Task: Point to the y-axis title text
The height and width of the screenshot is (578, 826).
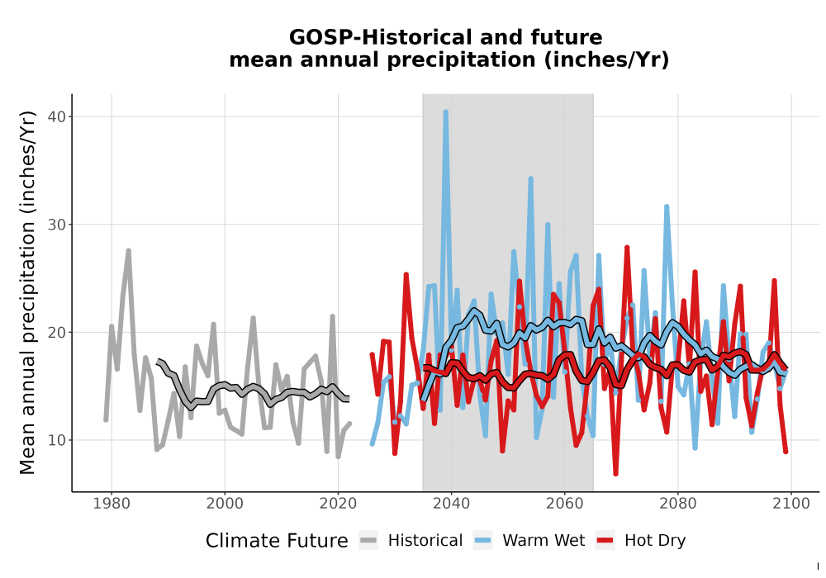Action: [x=27, y=292]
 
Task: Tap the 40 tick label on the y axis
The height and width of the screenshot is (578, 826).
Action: [x=58, y=116]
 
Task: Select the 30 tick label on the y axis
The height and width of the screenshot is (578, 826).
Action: [x=58, y=225]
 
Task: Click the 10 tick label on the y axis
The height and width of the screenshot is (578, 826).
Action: [x=58, y=440]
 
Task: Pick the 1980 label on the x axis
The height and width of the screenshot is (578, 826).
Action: [x=112, y=504]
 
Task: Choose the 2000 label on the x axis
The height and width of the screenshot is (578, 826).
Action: [x=225, y=504]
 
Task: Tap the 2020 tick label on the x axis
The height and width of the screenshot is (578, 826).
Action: [x=338, y=504]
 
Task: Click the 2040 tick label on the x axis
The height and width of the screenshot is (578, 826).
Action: [x=451, y=504]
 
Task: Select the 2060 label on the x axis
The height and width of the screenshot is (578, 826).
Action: [x=564, y=504]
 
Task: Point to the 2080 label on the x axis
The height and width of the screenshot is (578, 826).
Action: [x=678, y=504]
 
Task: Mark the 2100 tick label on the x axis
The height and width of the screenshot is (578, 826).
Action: [x=791, y=504]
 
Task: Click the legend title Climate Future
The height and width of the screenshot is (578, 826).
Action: [x=277, y=541]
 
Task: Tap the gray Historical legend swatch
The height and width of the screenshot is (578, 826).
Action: [x=368, y=541]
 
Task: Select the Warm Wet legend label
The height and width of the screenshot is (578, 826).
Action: [x=544, y=541]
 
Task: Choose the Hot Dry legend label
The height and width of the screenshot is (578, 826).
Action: [x=655, y=541]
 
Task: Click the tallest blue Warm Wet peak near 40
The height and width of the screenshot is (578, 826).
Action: [x=446, y=111]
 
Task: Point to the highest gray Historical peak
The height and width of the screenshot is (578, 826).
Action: [x=129, y=250]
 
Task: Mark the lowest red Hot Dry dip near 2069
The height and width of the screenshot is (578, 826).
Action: [x=615, y=474]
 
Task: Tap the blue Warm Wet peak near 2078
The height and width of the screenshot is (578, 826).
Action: [x=667, y=207]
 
